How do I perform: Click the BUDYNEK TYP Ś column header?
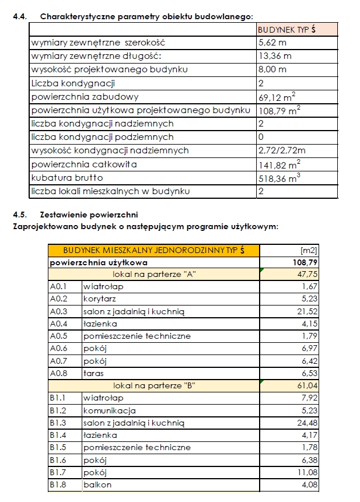tap(286, 29)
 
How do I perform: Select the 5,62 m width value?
tap(272, 43)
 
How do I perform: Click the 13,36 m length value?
tap(275, 56)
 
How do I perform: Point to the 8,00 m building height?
tap(272, 69)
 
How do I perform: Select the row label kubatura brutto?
tap(67, 178)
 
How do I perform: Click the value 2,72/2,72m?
tap(282, 150)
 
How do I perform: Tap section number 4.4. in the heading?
tap(20, 16)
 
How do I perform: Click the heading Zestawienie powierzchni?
tap(89, 215)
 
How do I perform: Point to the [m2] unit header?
tap(308, 250)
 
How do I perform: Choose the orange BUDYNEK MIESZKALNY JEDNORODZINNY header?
tap(153, 250)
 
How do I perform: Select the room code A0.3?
tap(58, 311)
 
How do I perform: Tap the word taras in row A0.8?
tap(93, 373)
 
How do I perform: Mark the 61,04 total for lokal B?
tap(305, 385)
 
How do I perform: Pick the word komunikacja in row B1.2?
tap(109, 410)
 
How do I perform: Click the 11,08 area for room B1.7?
tap(305, 472)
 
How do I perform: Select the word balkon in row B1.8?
tap(97, 484)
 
